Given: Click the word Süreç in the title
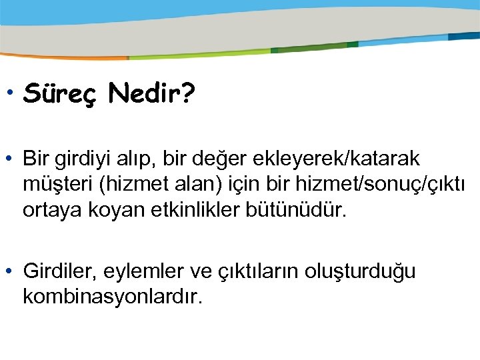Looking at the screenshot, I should [x=61, y=95].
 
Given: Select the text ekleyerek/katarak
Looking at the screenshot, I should [x=351, y=160].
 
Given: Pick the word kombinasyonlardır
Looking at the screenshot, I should [x=112, y=297].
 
